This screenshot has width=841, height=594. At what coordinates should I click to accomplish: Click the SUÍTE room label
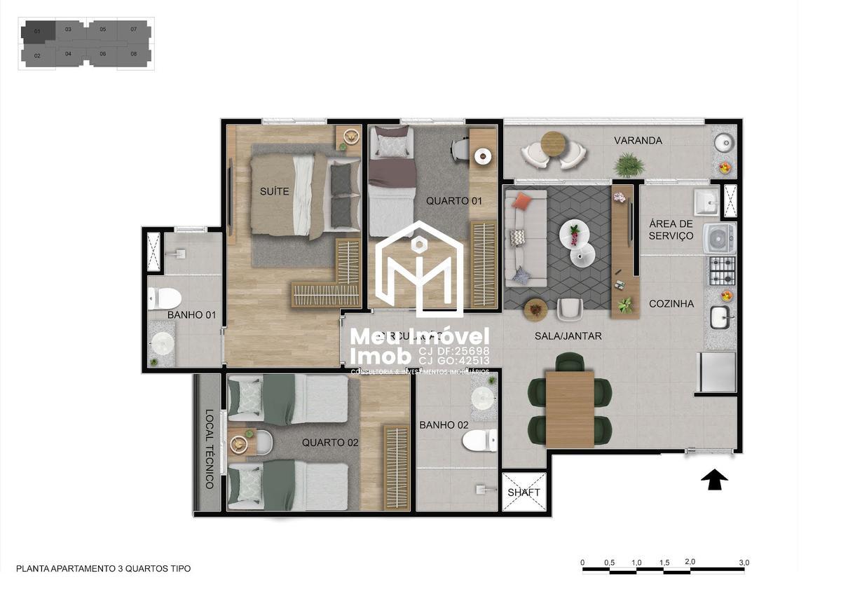tap(274, 191)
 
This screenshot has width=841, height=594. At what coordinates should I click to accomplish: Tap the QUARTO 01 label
tap(455, 201)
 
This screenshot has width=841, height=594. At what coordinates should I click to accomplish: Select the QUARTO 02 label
tap(330, 443)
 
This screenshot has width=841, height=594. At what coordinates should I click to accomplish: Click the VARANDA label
tap(638, 141)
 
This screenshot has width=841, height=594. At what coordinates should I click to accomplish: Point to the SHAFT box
tap(524, 492)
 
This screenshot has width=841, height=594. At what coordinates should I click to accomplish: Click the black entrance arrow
tap(714, 480)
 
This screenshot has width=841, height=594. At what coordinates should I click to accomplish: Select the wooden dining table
tap(569, 409)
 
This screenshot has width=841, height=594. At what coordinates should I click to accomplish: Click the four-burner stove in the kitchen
tap(722, 270)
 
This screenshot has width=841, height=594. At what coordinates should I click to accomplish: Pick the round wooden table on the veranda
tap(553, 144)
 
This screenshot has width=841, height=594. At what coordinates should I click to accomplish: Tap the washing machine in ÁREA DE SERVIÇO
tap(720, 238)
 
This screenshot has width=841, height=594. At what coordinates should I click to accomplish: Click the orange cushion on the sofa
tap(521, 202)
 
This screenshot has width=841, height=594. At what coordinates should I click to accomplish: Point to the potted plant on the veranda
tap(629, 165)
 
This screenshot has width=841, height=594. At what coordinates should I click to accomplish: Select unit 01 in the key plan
tap(37, 32)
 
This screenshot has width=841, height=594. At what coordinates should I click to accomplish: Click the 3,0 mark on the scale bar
tap(744, 562)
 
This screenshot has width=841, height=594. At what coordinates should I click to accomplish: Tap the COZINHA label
tap(671, 304)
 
